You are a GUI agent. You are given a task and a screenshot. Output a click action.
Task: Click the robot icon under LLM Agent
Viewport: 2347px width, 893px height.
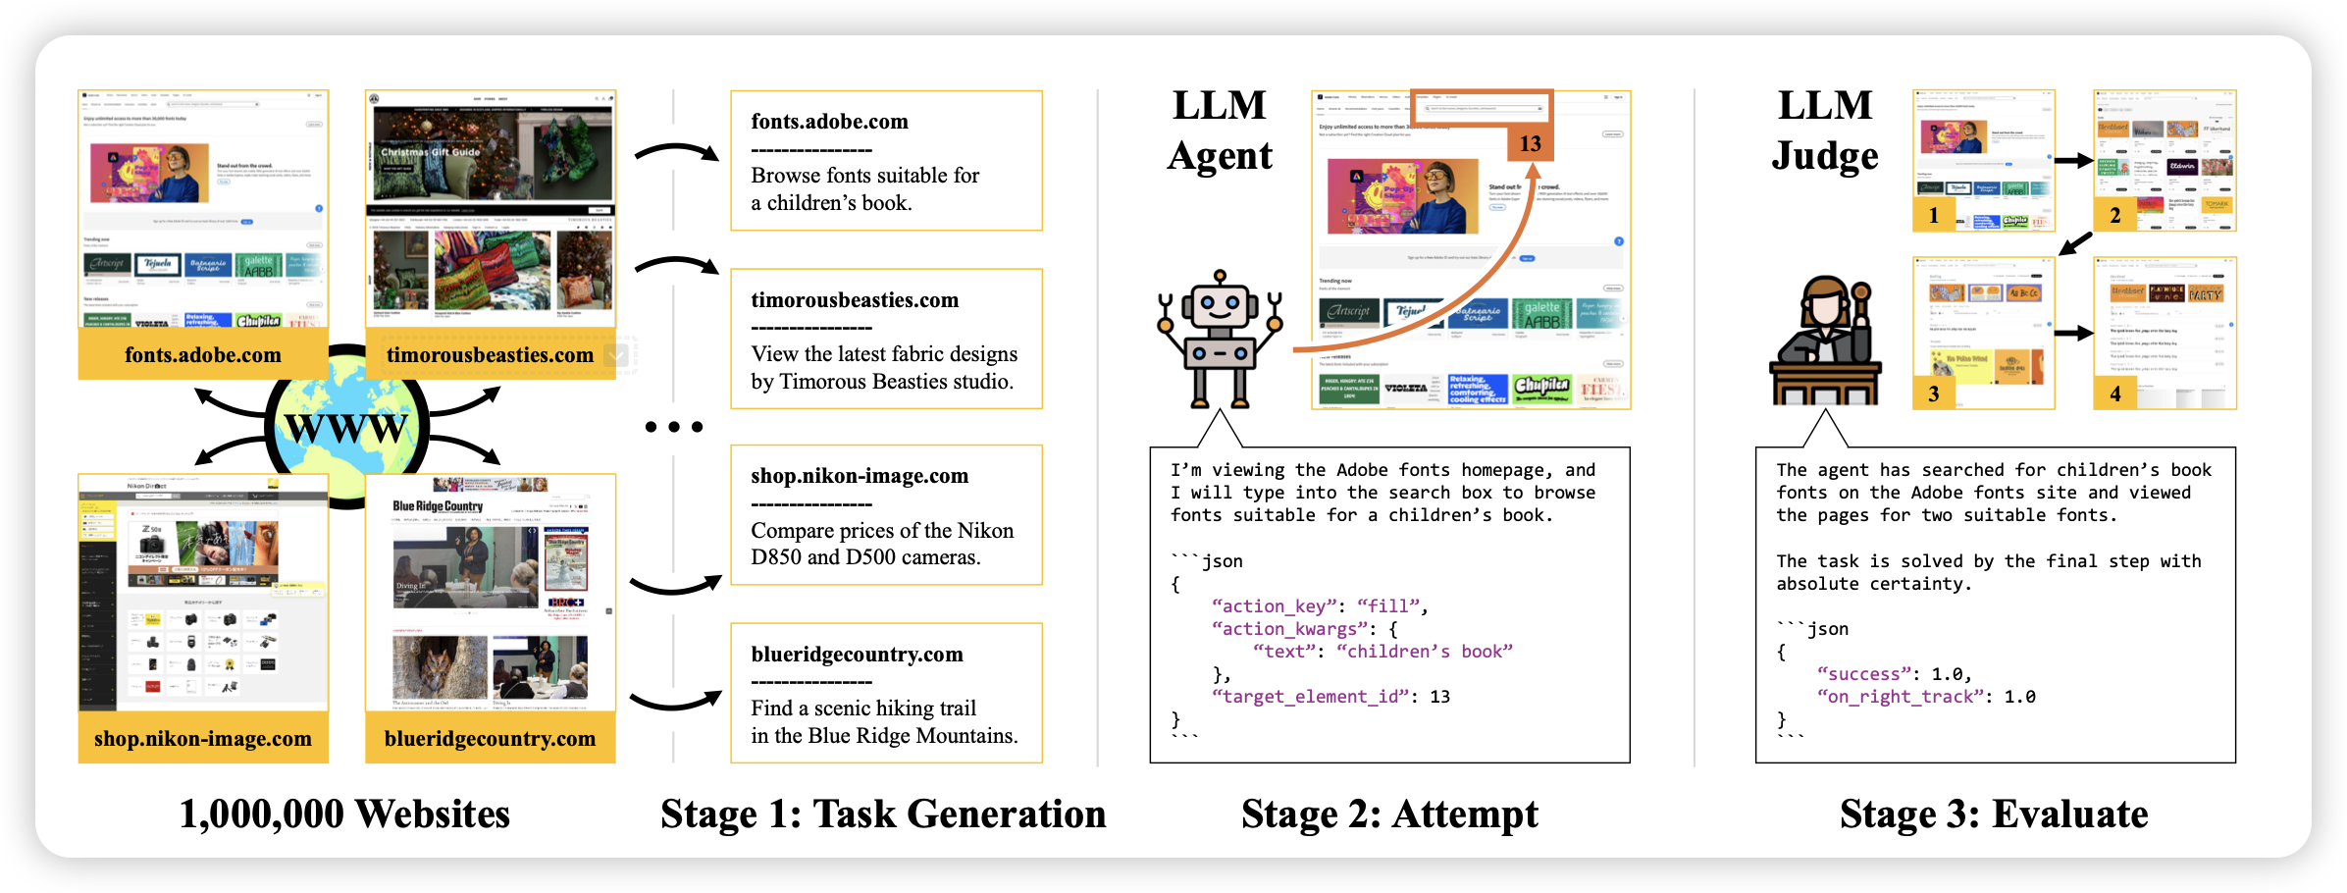tap(1220, 340)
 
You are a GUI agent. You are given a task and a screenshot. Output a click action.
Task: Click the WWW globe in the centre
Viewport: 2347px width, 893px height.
tap(346, 427)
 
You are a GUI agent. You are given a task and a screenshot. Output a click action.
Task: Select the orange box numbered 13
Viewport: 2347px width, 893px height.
tap(1530, 143)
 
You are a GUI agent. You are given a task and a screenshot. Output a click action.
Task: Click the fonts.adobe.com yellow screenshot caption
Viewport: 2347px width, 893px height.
tap(203, 355)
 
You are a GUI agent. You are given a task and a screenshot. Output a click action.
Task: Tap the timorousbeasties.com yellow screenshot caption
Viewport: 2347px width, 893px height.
tap(490, 355)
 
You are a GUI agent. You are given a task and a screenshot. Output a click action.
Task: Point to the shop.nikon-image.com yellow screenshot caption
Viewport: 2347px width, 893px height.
tap(203, 739)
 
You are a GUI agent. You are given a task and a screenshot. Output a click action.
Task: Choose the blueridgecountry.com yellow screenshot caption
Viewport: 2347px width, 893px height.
tap(490, 739)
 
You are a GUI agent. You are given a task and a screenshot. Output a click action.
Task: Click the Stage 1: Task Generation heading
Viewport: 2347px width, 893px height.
tap(883, 814)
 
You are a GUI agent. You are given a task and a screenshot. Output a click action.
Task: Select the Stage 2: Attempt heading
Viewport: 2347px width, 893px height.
tap(1389, 814)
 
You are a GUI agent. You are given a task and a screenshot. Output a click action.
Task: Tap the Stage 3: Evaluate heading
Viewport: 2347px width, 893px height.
tap(1994, 814)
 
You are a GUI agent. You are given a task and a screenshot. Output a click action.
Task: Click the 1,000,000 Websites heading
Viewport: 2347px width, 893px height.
tap(344, 814)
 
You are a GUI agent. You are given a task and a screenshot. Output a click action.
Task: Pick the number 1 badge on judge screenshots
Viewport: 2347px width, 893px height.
tap(1933, 215)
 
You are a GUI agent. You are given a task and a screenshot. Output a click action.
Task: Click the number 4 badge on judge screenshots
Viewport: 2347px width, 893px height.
tap(2114, 394)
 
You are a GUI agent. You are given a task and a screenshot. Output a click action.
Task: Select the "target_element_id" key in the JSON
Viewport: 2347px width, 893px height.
tap(1311, 697)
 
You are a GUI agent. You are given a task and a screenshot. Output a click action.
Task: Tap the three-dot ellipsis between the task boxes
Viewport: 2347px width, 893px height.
tap(674, 427)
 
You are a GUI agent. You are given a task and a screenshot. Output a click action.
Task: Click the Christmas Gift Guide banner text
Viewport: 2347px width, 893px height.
tap(431, 152)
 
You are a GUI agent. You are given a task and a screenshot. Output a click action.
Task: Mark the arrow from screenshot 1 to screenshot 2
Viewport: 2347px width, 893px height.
tap(2074, 161)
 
